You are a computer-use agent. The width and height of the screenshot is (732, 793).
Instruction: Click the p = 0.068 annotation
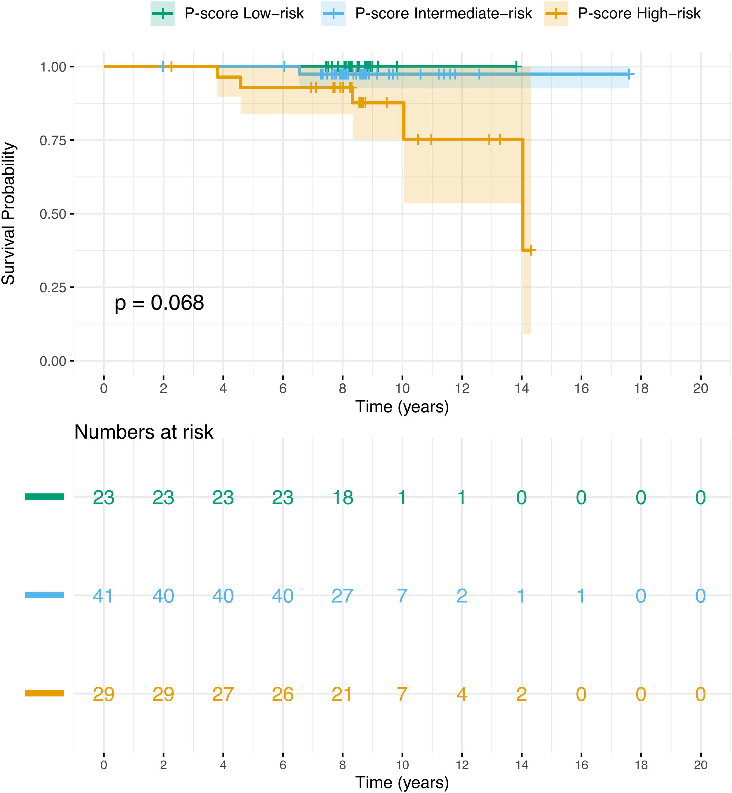pos(159,303)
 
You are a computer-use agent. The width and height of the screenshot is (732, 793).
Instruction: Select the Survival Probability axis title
pos(9,214)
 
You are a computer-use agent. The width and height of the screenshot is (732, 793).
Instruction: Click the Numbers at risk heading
pos(144,432)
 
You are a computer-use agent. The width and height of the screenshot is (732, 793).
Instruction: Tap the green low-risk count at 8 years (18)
pos(343,498)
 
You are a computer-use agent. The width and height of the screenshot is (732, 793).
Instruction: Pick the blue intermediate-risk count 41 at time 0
pos(103,596)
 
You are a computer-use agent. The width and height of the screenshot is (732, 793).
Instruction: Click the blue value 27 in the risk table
pos(343,596)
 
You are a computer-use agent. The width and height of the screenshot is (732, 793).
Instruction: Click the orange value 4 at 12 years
pos(462,694)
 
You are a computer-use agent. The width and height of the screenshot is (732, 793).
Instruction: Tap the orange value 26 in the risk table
pos(283,694)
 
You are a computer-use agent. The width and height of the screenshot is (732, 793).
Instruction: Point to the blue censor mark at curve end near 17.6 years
pos(629,74)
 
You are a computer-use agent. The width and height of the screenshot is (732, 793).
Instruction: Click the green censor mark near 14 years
pos(516,67)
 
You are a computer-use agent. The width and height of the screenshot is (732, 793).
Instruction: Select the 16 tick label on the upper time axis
pos(581,389)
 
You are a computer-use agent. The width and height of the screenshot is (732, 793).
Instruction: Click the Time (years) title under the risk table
pos(402,782)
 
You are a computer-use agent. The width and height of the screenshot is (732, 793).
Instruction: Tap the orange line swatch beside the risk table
pos(44,693)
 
